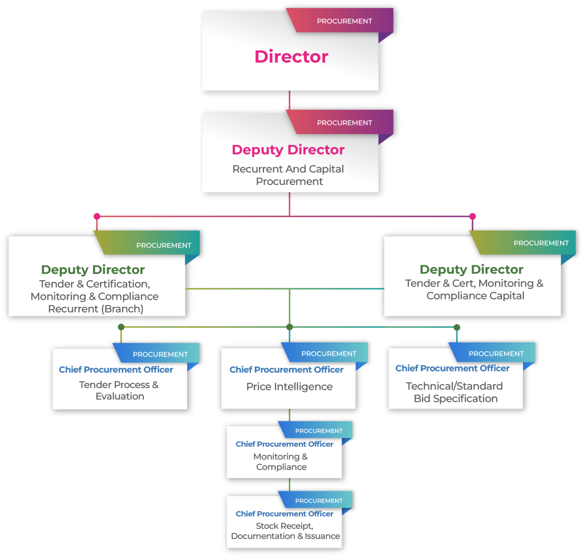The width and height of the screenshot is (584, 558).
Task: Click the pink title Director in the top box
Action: [x=291, y=56]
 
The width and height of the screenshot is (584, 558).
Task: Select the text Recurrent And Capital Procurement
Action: [x=289, y=175]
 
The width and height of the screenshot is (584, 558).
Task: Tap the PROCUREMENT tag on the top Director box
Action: [x=344, y=21]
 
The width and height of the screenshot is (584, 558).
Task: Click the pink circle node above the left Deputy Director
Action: [x=97, y=217]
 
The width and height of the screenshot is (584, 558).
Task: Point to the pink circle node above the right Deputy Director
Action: [x=472, y=217]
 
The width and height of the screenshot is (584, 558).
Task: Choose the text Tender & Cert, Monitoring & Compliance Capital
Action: [x=474, y=289]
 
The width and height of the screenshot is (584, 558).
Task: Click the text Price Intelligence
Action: [x=289, y=386]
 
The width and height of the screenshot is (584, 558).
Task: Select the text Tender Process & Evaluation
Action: [x=119, y=390]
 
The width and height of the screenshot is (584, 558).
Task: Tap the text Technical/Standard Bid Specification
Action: [x=455, y=393]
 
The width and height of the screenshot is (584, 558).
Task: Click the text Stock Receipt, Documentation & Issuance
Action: [x=285, y=531]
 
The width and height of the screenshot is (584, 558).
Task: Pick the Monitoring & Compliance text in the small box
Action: [x=281, y=462]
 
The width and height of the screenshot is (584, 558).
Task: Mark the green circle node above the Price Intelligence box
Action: [x=290, y=327]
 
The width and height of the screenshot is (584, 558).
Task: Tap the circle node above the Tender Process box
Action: [x=121, y=327]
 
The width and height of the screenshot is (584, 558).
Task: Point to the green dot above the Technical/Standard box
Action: [x=457, y=327]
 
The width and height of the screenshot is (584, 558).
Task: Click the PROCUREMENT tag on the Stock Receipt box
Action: [x=319, y=500]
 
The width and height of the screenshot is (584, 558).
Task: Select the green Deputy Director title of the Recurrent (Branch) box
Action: [x=93, y=270]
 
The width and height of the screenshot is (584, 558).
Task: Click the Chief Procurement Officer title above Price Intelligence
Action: [x=286, y=369]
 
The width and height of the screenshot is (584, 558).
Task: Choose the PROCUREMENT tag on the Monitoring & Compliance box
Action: [x=319, y=431]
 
